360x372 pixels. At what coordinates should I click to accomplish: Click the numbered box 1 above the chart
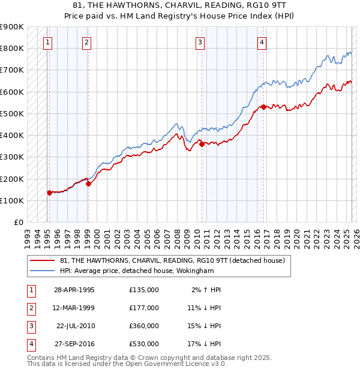pyautogui.click(x=47, y=42)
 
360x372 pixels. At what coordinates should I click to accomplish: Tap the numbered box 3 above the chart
pyautogui.click(x=200, y=42)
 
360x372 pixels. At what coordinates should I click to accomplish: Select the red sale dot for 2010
pyautogui.click(x=202, y=144)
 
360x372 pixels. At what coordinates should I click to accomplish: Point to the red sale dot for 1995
pyautogui.click(x=50, y=193)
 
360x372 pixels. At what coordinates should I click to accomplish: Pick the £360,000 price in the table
pyautogui.click(x=144, y=326)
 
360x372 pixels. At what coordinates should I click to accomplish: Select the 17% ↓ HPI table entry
pyautogui.click(x=204, y=344)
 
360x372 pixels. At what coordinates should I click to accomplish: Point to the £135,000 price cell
pyautogui.click(x=144, y=290)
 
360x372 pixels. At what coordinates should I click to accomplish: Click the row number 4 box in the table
pyautogui.click(x=30, y=344)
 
